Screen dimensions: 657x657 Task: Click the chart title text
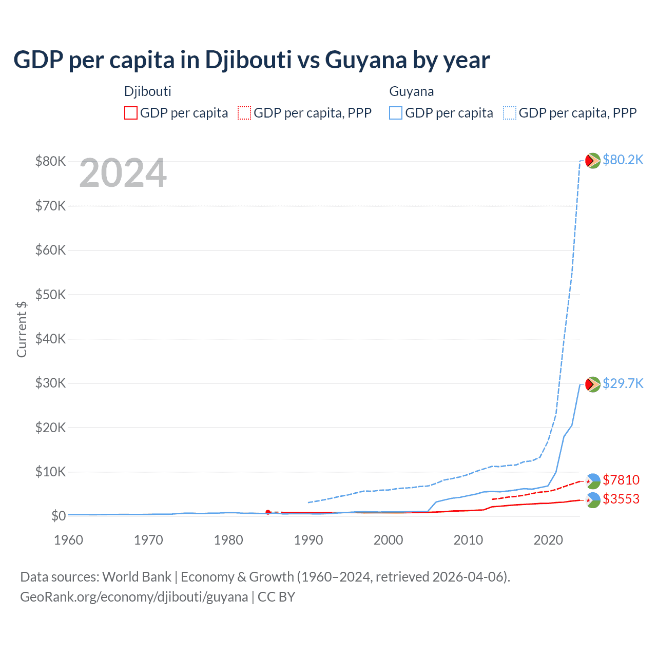pos(252,60)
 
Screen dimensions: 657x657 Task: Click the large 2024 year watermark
pos(123,173)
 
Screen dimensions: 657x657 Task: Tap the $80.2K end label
pos(623,160)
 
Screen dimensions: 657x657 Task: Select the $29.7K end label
pos(623,383)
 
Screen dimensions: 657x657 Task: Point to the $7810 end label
pos(621,480)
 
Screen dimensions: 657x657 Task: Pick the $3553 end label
pos(621,499)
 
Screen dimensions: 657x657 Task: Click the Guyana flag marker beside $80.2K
pos(593,161)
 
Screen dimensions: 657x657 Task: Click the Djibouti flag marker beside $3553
pos(593,500)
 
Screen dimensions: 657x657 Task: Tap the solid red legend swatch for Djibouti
pos(131,113)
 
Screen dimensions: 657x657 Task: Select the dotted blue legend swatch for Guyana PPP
pos(510,113)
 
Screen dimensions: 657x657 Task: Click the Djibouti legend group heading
pos(148,91)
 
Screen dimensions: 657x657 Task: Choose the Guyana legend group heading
pos(412,91)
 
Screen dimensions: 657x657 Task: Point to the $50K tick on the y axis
pos(50,295)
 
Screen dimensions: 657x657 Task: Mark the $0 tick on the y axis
pos(59,516)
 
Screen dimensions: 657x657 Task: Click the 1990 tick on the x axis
pos(308,540)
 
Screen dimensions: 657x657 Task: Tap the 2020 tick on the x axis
pos(548,540)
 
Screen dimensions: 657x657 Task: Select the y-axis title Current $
pos(22,329)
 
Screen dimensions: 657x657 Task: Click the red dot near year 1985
pos(268,512)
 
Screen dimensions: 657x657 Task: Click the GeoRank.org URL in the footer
pos(134,597)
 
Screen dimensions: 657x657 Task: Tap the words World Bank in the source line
pos(137,577)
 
